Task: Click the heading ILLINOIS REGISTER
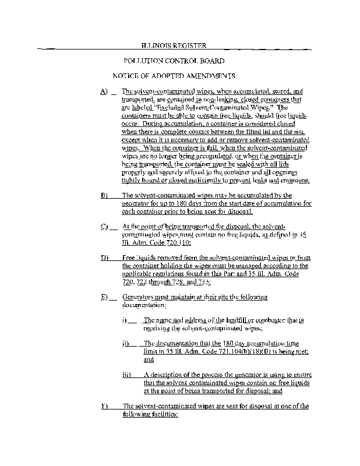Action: coord(174,45)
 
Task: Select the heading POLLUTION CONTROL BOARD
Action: coord(174,61)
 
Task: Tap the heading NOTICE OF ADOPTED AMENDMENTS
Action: coord(174,76)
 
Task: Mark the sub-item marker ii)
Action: coord(126,343)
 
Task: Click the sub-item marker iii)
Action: coord(128,375)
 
